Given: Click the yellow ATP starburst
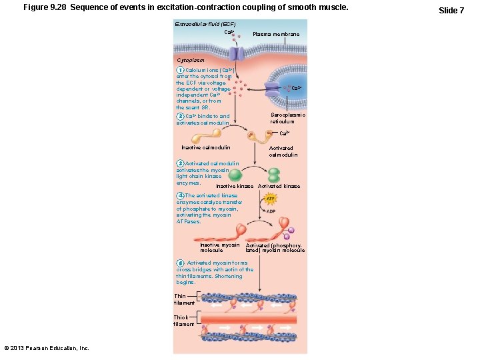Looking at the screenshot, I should click(271, 199).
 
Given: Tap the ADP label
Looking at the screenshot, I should click(271, 211).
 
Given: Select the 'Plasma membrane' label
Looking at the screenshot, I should click(276, 34).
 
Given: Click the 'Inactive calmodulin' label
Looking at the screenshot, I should click(206, 147).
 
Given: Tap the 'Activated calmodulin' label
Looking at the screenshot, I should click(283, 151).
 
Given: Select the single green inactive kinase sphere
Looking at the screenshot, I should click(236, 174).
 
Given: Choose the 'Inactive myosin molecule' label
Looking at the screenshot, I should click(219, 247).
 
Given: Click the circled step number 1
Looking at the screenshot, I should click(180, 70).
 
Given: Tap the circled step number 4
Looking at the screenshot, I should click(180, 195).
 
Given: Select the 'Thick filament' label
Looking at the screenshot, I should click(184, 321).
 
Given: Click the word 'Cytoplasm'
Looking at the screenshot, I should click(191, 60).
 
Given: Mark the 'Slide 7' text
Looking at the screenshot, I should click(451, 11).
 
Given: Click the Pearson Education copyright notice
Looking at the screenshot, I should click(47, 348).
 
